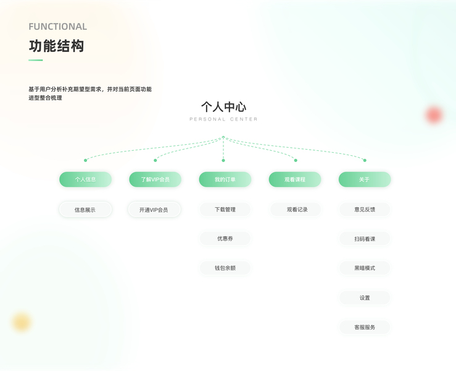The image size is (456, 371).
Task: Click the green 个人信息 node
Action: (85, 179)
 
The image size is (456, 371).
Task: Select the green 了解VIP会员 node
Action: (155, 179)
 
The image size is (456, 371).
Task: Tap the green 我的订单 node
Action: (225, 179)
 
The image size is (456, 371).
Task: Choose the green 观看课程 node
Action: (295, 179)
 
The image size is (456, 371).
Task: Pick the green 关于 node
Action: (365, 179)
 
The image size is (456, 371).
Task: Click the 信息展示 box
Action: (85, 210)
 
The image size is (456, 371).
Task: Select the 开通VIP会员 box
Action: (154, 210)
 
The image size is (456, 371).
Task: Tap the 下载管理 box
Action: (225, 210)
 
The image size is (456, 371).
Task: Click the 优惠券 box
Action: (225, 239)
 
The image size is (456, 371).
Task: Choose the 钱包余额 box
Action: (225, 268)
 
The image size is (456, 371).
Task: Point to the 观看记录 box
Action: (297, 210)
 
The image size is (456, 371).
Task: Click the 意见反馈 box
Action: (365, 210)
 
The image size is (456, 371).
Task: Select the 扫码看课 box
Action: (365, 239)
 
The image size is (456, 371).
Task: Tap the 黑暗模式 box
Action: (365, 268)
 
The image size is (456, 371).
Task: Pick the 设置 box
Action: (365, 297)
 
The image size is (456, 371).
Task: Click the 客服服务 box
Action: (365, 327)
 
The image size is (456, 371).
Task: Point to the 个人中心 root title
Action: (223, 107)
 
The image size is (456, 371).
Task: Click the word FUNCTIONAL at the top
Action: (57, 27)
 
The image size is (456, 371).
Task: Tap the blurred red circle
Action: (434, 114)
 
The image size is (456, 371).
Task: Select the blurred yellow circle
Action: (22, 322)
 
